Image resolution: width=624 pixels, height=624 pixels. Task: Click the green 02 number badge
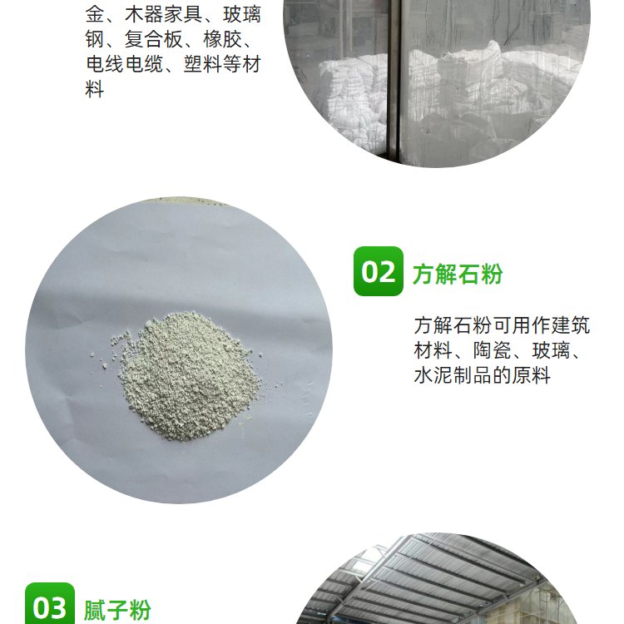click(x=378, y=271)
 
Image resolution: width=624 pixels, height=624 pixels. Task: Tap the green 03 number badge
click(x=50, y=604)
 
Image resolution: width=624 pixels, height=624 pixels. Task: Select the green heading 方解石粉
click(x=458, y=274)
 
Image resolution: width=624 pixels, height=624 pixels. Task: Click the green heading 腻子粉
click(x=117, y=610)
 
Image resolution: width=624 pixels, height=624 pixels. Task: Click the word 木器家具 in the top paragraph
click(x=164, y=15)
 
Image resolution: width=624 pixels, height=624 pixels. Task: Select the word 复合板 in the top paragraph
click(x=154, y=39)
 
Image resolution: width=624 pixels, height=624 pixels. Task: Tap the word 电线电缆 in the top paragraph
click(x=125, y=64)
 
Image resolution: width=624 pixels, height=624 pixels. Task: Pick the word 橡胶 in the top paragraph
click(x=222, y=39)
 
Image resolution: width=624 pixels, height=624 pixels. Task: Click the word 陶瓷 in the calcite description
click(x=493, y=350)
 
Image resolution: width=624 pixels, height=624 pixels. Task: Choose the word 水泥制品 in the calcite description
click(x=453, y=375)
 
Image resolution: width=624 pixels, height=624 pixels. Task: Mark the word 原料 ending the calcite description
click(x=532, y=375)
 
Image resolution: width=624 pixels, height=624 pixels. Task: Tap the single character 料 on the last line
click(x=95, y=89)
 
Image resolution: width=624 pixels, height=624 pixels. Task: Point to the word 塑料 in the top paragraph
click(x=203, y=64)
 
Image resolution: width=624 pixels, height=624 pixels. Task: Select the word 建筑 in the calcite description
click(x=570, y=326)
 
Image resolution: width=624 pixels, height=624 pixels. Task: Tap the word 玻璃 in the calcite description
click(x=551, y=350)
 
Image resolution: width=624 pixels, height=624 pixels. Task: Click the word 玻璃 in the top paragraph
click(x=242, y=15)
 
